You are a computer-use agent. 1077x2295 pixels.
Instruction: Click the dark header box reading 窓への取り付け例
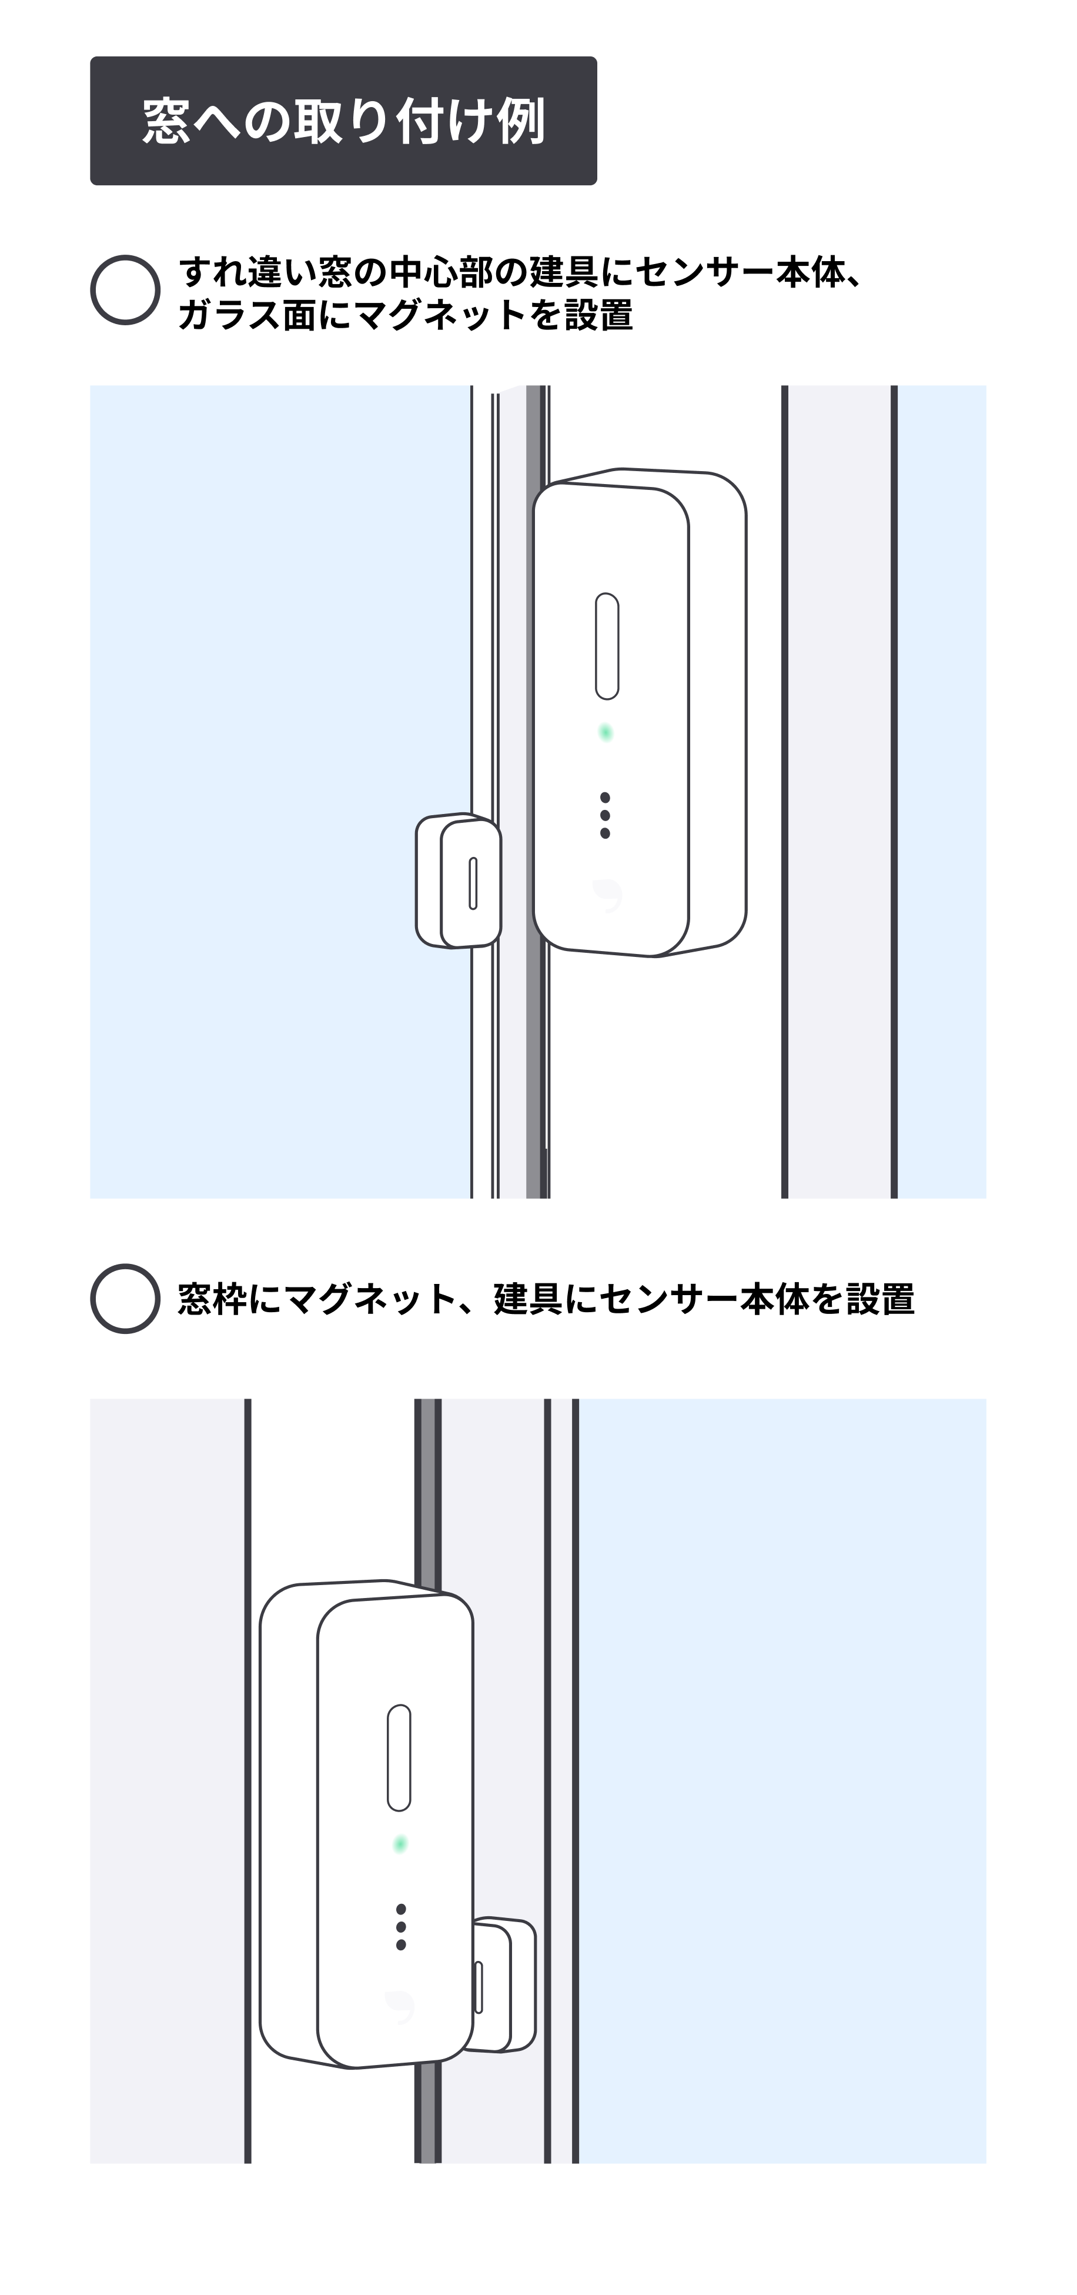(343, 120)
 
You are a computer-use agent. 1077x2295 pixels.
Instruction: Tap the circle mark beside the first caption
(125, 289)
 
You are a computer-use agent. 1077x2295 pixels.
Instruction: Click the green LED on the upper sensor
(606, 732)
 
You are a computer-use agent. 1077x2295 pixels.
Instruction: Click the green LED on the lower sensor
(400, 1843)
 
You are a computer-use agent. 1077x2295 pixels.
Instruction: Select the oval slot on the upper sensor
(607, 646)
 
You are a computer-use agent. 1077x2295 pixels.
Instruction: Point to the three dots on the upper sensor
(605, 815)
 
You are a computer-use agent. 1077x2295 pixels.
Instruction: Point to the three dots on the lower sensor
(401, 1927)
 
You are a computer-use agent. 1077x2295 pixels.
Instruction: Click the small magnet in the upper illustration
(458, 880)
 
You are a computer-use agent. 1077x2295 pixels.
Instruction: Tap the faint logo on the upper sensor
(607, 895)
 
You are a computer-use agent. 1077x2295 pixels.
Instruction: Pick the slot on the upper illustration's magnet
(473, 883)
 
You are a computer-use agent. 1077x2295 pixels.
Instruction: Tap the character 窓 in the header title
(166, 121)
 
